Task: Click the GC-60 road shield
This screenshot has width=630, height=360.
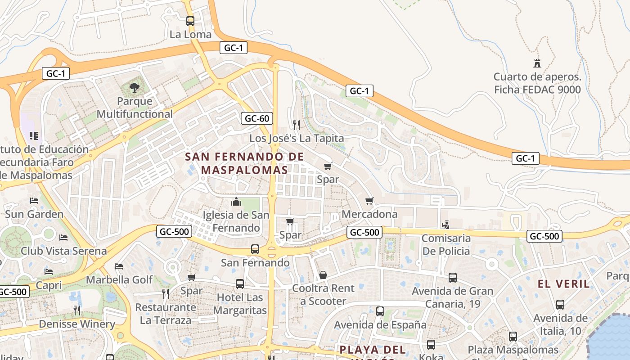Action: point(257,118)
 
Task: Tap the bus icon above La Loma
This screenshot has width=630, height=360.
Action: point(190,21)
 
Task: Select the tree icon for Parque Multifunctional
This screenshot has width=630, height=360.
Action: point(134,87)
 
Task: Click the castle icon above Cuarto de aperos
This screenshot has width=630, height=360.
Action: point(537,63)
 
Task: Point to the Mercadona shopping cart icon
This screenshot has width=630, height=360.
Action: point(369,201)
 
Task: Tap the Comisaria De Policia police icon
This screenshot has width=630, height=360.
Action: point(446,225)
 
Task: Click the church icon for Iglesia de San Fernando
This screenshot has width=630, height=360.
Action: point(236,201)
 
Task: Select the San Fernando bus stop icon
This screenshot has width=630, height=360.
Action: point(255,249)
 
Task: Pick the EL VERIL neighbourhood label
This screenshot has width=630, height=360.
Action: point(564,284)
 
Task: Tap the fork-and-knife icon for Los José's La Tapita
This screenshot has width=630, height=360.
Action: point(297,125)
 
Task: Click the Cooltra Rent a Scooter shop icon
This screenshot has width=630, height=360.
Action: point(323,275)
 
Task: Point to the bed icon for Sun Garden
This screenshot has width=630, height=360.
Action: point(34,200)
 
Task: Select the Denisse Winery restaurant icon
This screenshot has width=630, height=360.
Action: point(77,310)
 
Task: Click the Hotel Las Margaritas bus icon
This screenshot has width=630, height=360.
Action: point(240,284)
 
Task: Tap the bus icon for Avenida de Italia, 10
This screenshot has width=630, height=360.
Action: point(560,305)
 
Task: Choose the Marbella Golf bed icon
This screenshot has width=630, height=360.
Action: point(119,266)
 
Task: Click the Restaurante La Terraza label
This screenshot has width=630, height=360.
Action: point(166,314)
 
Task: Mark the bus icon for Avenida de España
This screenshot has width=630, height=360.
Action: point(380,311)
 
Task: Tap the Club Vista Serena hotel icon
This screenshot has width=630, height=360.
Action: point(63,237)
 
